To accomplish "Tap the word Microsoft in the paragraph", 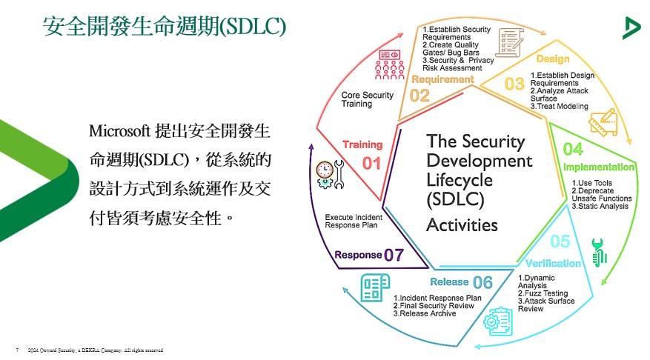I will tap(118, 131).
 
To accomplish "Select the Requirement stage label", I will tap(442, 79).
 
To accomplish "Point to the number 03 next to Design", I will tap(514, 84).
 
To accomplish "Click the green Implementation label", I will tap(598, 167).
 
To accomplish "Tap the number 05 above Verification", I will tap(560, 242).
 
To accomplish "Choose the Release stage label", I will tap(449, 281).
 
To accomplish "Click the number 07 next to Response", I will tap(394, 255).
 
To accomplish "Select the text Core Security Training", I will tap(367, 100).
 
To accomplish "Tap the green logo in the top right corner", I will tap(631, 28).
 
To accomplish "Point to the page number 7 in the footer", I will tap(16, 349).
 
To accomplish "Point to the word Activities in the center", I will tap(462, 224).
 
